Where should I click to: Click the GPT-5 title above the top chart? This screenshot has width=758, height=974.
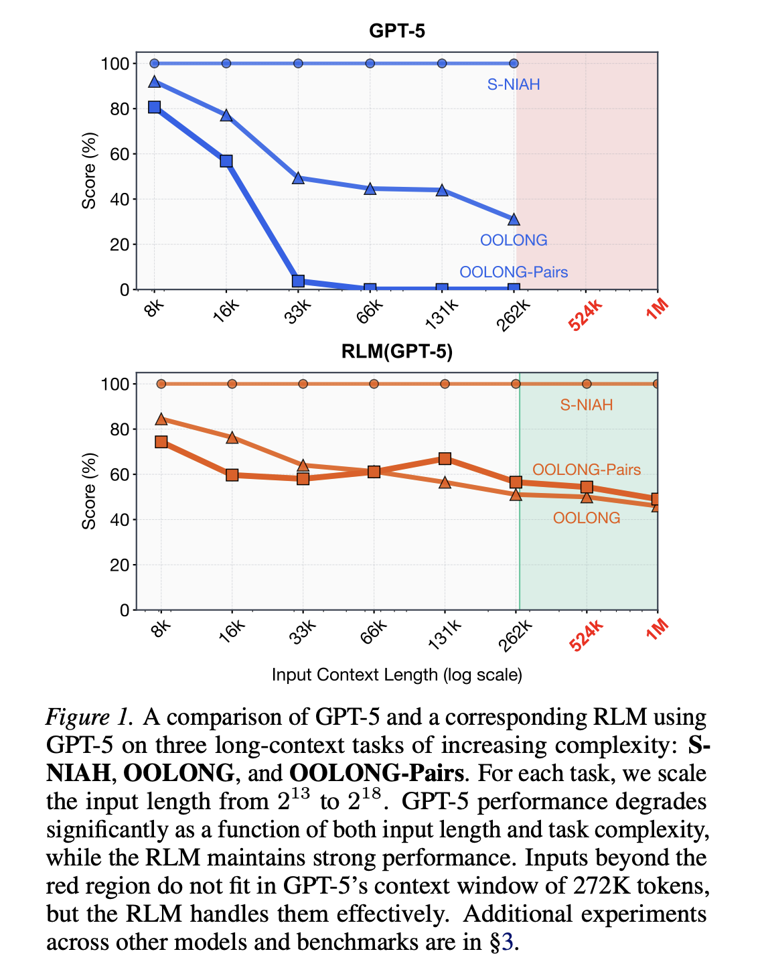pos(397,31)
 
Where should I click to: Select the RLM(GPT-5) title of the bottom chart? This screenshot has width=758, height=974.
pos(397,352)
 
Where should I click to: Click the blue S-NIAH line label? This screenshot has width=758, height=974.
pos(514,85)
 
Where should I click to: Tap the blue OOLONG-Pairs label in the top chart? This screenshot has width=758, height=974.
pos(514,272)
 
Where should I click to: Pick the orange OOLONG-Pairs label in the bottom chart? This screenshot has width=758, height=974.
pos(587,470)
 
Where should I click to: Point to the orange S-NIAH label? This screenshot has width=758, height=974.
pos(587,405)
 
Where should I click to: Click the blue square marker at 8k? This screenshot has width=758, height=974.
pos(155,107)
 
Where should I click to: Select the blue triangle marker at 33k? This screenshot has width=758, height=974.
pos(299,178)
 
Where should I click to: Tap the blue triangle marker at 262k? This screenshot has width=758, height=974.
pos(514,220)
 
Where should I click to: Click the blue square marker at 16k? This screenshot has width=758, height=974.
pos(226,161)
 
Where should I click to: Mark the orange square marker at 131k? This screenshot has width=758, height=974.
pos(445,459)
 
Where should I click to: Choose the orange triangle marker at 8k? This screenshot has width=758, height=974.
pos(161,419)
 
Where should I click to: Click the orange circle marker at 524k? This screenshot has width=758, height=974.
pos(587,384)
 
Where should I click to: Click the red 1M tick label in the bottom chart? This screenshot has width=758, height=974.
pos(658,630)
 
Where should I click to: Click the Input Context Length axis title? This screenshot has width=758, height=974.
pos(397,675)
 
